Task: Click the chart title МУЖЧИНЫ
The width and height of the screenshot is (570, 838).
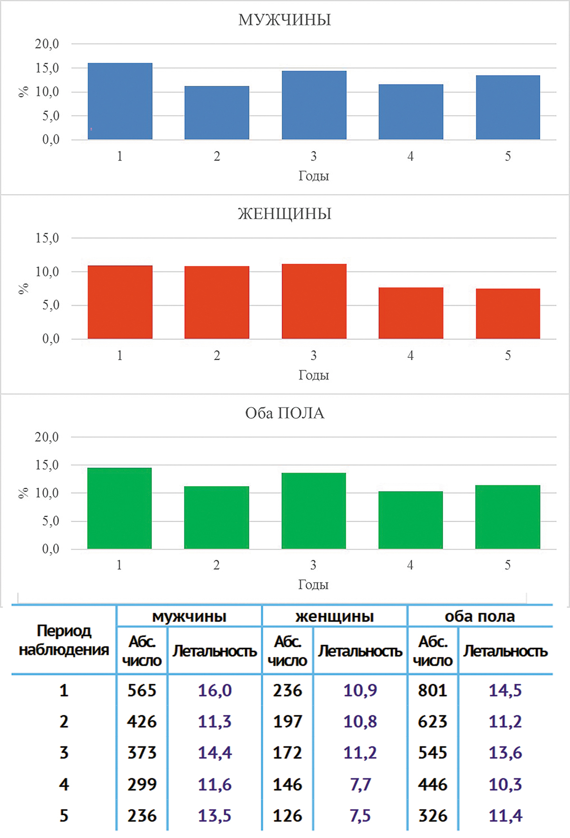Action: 285,20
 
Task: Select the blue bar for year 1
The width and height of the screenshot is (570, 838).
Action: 120,101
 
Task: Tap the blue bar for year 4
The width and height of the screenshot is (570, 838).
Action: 411,112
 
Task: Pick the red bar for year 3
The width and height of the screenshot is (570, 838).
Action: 314,301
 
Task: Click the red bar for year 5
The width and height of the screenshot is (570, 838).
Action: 508,314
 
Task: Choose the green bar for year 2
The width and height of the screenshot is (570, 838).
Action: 217,518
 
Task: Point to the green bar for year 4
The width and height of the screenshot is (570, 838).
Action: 410,520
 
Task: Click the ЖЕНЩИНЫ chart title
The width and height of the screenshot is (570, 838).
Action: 285,214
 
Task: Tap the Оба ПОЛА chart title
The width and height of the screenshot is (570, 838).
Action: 285,413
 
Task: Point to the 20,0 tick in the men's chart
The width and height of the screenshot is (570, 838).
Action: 47,44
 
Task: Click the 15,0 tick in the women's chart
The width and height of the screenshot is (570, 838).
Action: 47,238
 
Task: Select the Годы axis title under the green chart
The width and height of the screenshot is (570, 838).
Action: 313,585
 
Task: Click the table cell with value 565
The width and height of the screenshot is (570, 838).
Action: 142,690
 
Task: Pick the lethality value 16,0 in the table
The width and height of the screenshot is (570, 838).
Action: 215,690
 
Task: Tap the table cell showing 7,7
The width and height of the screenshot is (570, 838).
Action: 360,784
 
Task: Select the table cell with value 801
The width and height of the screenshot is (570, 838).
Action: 432,690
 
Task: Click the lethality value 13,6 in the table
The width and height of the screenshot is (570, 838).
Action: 505,753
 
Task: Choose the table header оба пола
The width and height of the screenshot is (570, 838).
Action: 480,616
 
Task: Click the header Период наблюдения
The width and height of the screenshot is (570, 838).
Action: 64,640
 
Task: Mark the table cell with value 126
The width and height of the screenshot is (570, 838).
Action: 287,816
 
